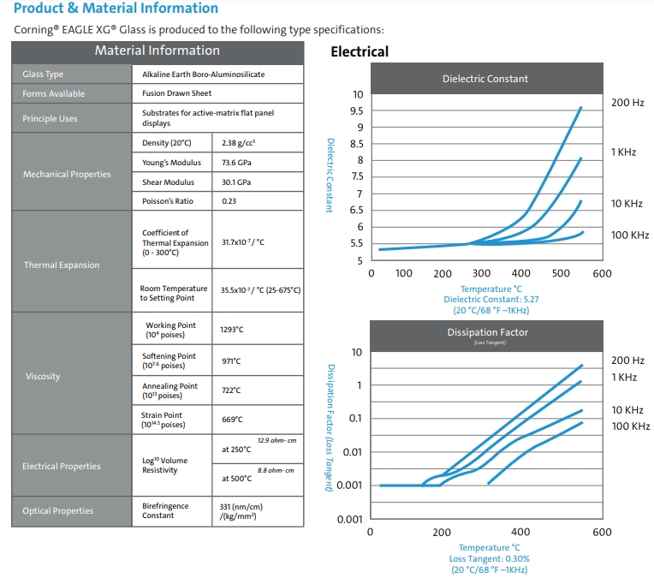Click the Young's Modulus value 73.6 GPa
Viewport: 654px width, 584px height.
(236, 162)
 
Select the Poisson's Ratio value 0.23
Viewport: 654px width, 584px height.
(229, 201)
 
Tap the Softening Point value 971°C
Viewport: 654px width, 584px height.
(231, 361)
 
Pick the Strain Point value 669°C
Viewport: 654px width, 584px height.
(232, 420)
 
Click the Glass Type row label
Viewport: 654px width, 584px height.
(43, 74)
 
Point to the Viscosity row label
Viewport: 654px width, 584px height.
(43, 376)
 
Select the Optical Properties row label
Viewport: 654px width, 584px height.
(58, 510)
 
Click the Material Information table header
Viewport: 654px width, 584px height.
(158, 51)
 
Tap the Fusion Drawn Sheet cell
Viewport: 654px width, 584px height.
(177, 93)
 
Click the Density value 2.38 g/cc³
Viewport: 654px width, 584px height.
(238, 143)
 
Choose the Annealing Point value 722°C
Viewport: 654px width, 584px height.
(231, 390)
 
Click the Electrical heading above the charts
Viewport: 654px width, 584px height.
(360, 51)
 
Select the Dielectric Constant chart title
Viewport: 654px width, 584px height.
(485, 79)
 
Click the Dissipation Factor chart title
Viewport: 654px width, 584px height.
(488, 332)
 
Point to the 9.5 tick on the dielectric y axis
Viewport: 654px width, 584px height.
(357, 111)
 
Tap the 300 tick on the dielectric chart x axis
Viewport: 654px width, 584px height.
(481, 273)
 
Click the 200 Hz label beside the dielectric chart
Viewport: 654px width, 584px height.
(627, 103)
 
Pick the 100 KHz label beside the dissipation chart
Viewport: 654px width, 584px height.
(631, 426)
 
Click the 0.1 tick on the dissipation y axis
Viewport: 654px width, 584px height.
(355, 418)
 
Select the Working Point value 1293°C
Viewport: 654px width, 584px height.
(231, 330)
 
